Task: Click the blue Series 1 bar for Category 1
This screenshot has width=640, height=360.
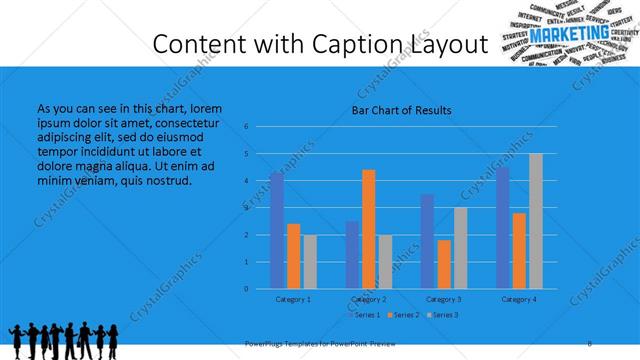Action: pyautogui.click(x=277, y=231)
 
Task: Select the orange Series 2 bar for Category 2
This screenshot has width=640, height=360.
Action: pyautogui.click(x=369, y=229)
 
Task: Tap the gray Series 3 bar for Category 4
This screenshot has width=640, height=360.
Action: pyautogui.click(x=536, y=221)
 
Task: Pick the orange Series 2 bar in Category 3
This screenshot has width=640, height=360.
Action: pyautogui.click(x=444, y=264)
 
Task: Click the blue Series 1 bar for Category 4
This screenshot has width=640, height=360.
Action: pyautogui.click(x=503, y=228)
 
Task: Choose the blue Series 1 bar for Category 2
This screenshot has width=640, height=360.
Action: pyautogui.click(x=353, y=255)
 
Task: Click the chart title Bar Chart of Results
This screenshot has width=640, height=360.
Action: pyautogui.click(x=401, y=110)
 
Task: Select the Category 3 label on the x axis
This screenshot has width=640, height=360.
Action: pyautogui.click(x=444, y=299)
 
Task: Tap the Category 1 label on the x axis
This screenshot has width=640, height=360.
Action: pyautogui.click(x=293, y=299)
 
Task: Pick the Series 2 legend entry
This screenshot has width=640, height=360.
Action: pyautogui.click(x=404, y=315)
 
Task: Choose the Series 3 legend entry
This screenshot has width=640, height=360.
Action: pyautogui.click(x=442, y=315)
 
